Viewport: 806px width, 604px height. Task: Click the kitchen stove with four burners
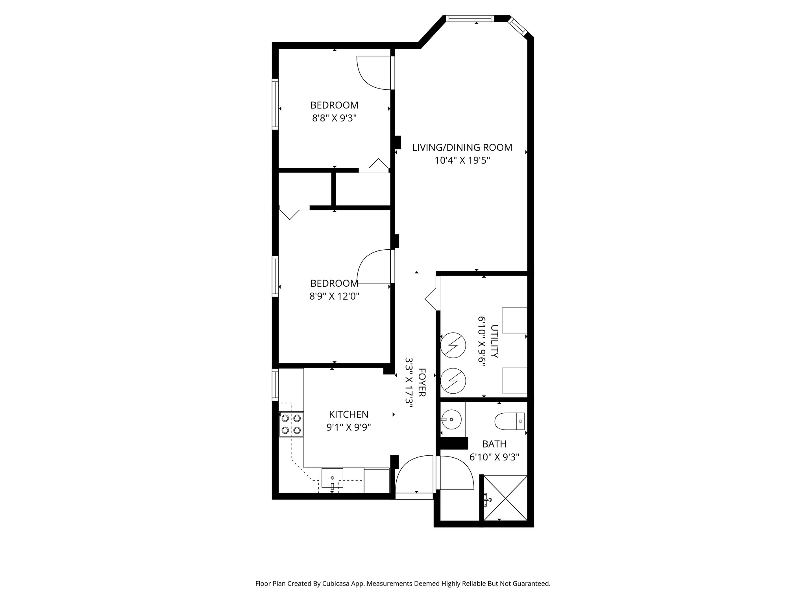tap(291, 424)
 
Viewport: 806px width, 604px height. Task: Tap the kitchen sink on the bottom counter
tap(333, 478)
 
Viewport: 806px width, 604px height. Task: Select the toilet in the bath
tap(508, 421)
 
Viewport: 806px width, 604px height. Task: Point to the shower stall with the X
tap(505, 498)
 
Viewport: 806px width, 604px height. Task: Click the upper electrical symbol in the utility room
tap(453, 346)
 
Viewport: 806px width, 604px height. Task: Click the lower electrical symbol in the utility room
tap(453, 380)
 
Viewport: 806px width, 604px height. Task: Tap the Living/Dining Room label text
tap(462, 147)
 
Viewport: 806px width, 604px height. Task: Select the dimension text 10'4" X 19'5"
tap(462, 160)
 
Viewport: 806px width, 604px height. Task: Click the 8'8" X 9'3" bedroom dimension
tap(334, 118)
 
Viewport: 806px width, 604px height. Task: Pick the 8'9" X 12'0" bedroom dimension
tap(334, 296)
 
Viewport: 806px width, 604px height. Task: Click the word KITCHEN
tap(349, 414)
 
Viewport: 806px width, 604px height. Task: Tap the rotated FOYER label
tap(421, 383)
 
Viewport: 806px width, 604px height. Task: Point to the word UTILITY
tap(495, 341)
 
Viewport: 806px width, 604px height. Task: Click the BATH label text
tap(494, 444)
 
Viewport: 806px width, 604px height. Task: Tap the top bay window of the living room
tap(469, 18)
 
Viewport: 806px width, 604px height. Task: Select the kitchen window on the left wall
tap(275, 385)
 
